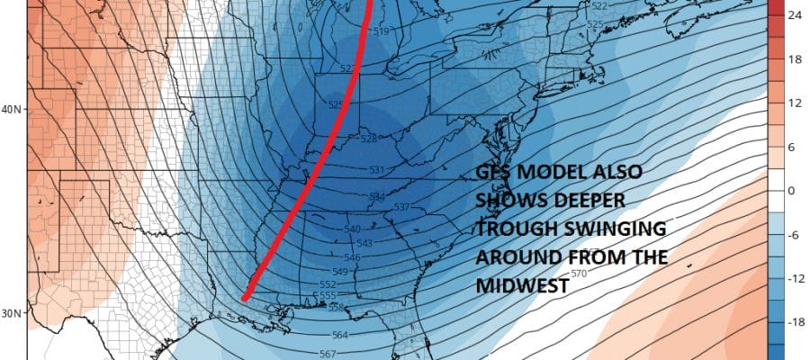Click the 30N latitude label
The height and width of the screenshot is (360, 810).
click(x=13, y=314)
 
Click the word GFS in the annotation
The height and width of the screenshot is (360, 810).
click(x=492, y=177)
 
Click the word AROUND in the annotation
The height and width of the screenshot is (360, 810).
click(x=516, y=257)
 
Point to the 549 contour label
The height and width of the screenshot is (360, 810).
click(x=339, y=271)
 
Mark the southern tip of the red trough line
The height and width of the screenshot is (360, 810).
click(x=245, y=298)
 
